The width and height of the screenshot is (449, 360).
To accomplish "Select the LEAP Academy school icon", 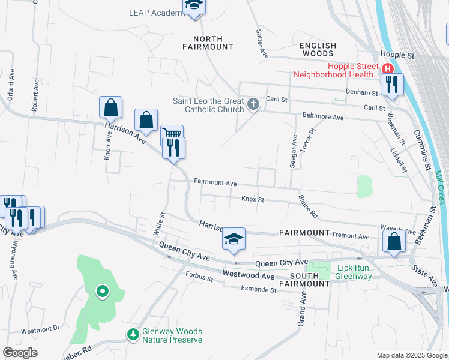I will click(x=194, y=6).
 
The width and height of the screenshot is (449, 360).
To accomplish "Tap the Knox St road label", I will click(x=253, y=199).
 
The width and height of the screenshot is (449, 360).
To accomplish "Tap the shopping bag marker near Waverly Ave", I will click(x=394, y=241).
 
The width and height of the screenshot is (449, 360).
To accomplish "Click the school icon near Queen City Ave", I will click(x=234, y=238).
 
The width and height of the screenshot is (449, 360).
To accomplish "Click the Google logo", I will click(x=20, y=353).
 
